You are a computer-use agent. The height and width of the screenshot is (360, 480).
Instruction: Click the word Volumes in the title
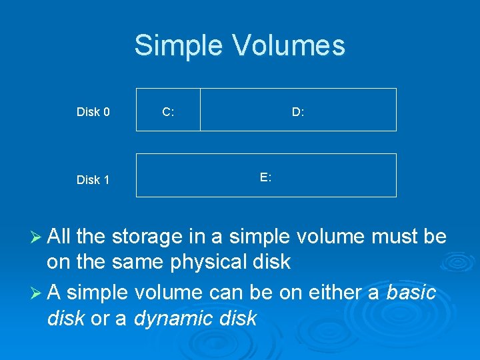pos(289,46)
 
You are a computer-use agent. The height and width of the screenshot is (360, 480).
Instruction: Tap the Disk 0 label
pos(93,112)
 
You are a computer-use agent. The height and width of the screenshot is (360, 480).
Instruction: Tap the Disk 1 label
pos(93,180)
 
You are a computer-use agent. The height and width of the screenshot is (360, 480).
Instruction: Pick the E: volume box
pos(266,187)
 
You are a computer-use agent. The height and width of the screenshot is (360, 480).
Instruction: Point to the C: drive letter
pos(168,112)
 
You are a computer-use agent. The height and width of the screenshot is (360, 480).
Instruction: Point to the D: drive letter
pos(298,112)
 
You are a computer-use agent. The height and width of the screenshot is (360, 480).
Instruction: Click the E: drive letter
pos(265,177)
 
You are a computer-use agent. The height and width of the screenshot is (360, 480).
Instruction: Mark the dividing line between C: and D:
pos(200,109)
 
